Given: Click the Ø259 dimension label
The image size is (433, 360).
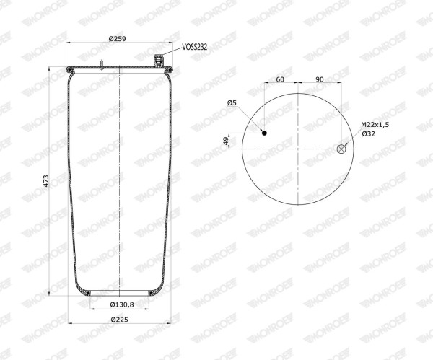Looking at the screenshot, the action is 117,39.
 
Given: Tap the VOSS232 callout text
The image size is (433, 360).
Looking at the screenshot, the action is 195,47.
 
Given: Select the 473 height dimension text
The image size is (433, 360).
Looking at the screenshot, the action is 46,181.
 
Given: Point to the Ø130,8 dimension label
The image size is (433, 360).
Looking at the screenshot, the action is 122,304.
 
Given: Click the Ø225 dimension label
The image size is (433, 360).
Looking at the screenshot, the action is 119,320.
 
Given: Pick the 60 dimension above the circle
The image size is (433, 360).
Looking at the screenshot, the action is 280,79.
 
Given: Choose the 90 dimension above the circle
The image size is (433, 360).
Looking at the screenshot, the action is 320,79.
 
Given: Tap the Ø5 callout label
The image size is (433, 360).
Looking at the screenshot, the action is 232,103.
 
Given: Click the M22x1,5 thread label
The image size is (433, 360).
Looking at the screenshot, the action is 375,125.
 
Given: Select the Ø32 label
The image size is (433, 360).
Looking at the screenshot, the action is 368,134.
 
